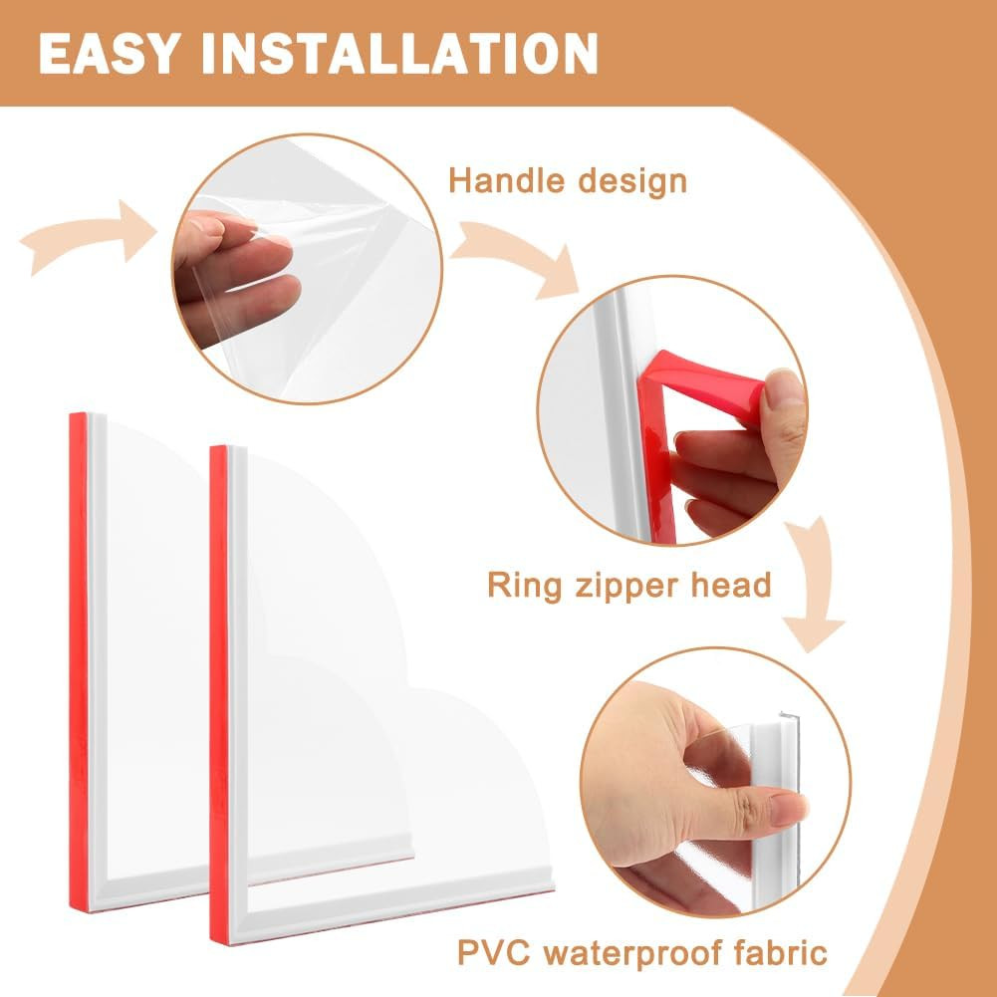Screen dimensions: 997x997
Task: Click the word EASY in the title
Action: (107, 54)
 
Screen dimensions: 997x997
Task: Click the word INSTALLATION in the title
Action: (400, 54)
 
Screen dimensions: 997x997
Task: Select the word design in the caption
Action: (632, 182)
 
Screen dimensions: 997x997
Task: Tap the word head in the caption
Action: (731, 584)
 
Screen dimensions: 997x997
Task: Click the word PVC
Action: (494, 954)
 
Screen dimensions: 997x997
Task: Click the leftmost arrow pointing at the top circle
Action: (89, 234)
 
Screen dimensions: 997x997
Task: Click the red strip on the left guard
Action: (79, 661)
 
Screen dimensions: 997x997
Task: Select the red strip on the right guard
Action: (219, 694)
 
